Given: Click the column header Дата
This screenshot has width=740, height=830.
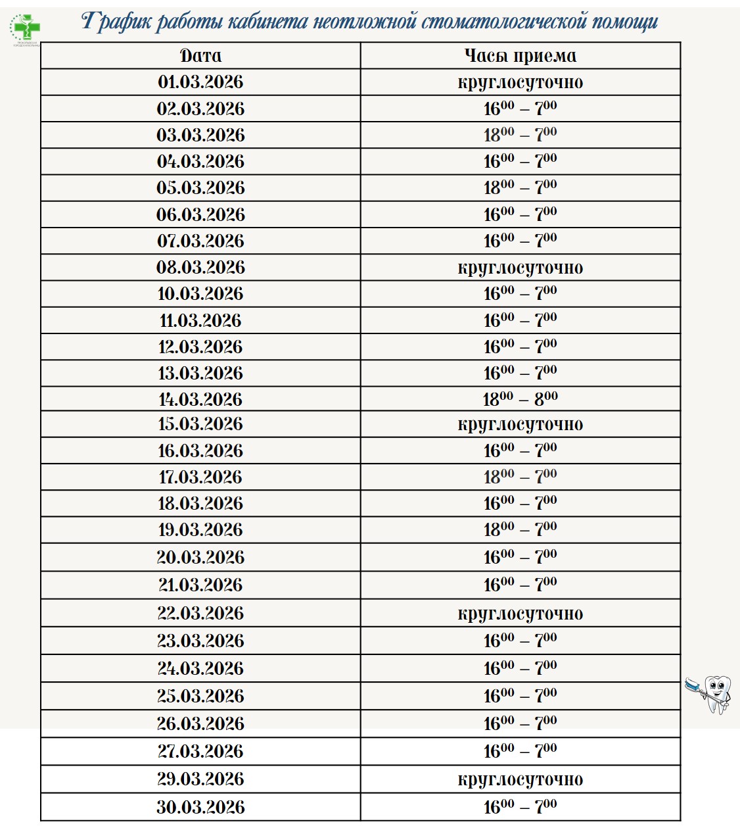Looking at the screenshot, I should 200,56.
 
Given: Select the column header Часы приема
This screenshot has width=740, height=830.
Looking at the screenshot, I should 520,56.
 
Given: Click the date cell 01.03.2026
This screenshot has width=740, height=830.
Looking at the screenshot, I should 200,82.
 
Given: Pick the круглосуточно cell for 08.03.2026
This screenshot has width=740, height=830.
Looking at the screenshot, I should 520,268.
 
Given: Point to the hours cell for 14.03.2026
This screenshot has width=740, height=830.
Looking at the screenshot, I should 520,399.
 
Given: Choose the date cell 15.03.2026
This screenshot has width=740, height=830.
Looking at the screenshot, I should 200,424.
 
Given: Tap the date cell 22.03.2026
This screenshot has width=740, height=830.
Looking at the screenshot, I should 200,613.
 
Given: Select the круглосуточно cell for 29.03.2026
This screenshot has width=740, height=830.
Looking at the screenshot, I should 520,779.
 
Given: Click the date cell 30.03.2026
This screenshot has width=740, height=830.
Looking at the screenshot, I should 200,807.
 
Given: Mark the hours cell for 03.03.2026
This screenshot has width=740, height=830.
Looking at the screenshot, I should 520,135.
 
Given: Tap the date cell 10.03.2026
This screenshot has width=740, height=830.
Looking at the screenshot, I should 200,294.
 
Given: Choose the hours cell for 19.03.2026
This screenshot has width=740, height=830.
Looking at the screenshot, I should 520,529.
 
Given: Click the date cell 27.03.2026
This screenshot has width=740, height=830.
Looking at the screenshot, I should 200,751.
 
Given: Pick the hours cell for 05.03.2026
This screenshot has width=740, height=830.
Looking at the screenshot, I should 520,187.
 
